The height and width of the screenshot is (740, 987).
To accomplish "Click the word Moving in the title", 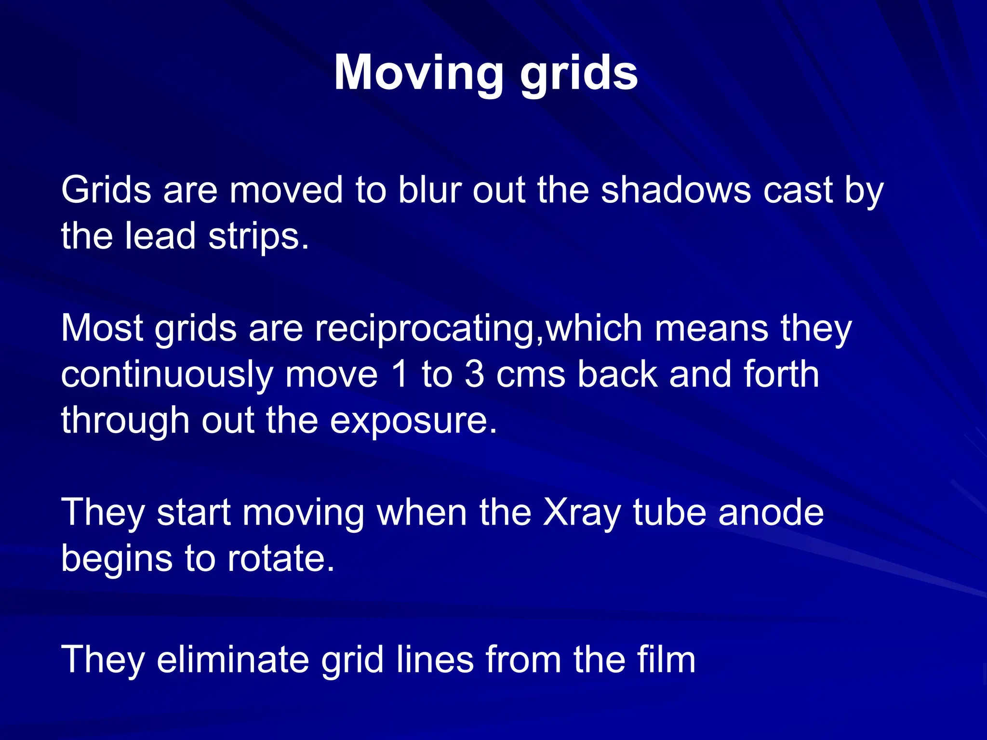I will point(418,72).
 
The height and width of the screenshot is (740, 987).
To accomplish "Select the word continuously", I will point(167,375).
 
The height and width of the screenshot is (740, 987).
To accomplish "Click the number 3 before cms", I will point(475,375).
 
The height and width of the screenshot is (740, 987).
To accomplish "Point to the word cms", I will point(531,375).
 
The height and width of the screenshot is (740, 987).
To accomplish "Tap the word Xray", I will point(582,513).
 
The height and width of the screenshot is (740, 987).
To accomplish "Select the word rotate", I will point(280,559).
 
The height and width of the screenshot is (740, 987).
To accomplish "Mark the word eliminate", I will point(233,660).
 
